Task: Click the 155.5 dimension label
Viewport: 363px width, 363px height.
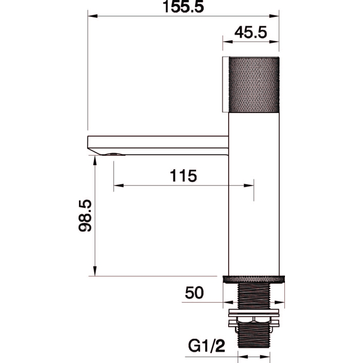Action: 183,6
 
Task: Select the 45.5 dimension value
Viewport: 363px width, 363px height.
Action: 251,32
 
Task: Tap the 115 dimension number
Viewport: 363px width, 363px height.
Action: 183,176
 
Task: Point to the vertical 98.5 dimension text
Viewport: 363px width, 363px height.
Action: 85,216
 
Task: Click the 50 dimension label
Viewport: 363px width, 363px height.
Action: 195,293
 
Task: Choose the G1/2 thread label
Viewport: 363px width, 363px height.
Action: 206,347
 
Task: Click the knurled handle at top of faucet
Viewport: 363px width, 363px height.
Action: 254,84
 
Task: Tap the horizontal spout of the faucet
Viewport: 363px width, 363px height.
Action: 158,145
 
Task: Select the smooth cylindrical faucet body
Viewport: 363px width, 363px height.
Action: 254,194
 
